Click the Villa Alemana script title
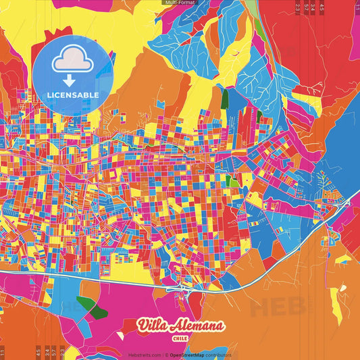pos(180,326)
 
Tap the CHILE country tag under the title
pos(180,338)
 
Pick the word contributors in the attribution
pos(217,355)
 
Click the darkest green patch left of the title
pos(98,311)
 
